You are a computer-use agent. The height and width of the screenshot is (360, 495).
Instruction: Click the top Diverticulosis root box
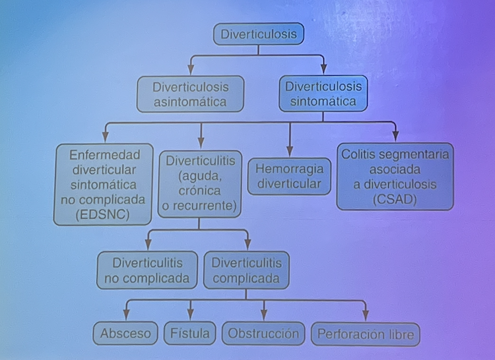pyautogui.click(x=258, y=34)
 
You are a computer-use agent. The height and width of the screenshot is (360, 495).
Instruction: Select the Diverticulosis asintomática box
pyautogui.click(x=190, y=94)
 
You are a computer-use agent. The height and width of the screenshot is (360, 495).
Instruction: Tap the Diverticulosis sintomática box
pyautogui.click(x=323, y=93)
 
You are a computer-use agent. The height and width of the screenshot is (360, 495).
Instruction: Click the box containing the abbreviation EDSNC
pyautogui.click(x=104, y=185)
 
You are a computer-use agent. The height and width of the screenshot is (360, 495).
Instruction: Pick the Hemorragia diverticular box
pyautogui.click(x=289, y=176)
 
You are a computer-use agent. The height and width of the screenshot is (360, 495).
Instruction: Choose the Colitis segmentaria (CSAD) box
pyautogui.click(x=395, y=176)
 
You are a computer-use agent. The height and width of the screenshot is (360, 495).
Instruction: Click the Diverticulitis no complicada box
pyautogui.click(x=147, y=270)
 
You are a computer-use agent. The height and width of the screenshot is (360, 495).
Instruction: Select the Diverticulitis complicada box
pyautogui.click(x=246, y=270)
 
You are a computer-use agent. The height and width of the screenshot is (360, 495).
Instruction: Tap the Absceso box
pyautogui.click(x=125, y=334)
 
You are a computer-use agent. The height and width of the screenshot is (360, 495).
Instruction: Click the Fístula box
pyautogui.click(x=191, y=334)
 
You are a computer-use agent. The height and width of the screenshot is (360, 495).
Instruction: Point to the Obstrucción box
pyautogui.click(x=263, y=334)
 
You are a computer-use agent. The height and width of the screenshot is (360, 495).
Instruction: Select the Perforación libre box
pyautogui.click(x=365, y=334)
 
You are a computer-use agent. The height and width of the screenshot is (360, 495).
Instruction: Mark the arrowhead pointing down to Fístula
pyautogui.click(x=191, y=316)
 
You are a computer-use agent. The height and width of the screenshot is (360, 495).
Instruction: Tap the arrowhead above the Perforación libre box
pyautogui.click(x=365, y=316)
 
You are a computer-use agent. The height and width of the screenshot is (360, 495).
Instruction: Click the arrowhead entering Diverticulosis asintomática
pyautogui.click(x=190, y=70)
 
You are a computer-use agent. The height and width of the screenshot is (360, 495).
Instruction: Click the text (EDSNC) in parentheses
pyautogui.click(x=104, y=214)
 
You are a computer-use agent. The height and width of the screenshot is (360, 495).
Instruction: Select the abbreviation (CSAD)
pyautogui.click(x=395, y=200)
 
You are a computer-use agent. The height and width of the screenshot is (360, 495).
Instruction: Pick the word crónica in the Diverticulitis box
pyautogui.click(x=199, y=191)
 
